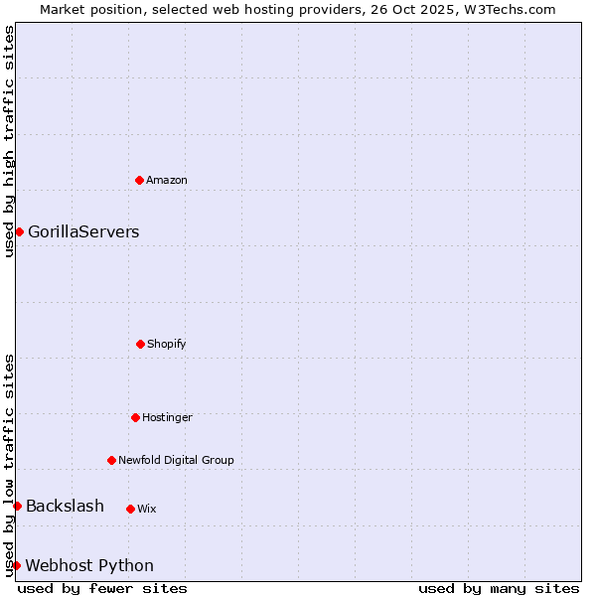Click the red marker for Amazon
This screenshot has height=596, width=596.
pyautogui.click(x=139, y=180)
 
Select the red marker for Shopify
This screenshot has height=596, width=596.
pyautogui.click(x=140, y=344)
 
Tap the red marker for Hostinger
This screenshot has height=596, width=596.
pyautogui.click(x=135, y=417)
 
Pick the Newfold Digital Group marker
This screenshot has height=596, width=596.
pyautogui.click(x=111, y=460)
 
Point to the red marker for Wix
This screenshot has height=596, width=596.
pyautogui.click(x=130, y=509)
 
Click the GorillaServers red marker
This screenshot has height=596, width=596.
pyautogui.click(x=19, y=231)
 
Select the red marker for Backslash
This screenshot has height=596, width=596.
pyautogui.click(x=17, y=506)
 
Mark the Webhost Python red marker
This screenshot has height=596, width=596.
pyautogui.click(x=16, y=565)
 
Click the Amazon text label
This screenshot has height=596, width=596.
pyautogui.click(x=167, y=181)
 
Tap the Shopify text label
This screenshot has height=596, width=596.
pyautogui.click(x=167, y=345)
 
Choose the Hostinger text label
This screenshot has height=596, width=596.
pyautogui.click(x=167, y=418)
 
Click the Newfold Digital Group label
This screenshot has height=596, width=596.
pyautogui.click(x=176, y=461)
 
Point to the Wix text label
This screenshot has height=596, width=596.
pyautogui.click(x=147, y=510)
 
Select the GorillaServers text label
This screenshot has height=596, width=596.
pyautogui.click(x=83, y=232)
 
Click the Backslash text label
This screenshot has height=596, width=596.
pyautogui.click(x=65, y=507)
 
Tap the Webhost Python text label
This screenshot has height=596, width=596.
pyautogui.click(x=89, y=566)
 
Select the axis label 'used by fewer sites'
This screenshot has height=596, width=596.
pyautogui.click(x=102, y=588)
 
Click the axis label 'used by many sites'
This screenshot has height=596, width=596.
pyautogui.click(x=499, y=588)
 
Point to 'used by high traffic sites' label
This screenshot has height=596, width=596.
pyautogui.click(x=9, y=141)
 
